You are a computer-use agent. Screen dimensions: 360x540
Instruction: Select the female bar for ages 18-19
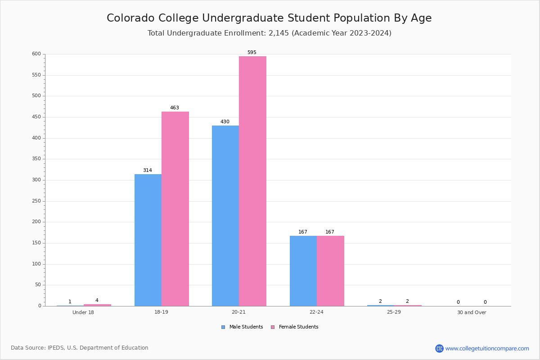pyautogui.click(x=175, y=209)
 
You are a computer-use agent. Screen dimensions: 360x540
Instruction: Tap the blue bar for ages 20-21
pyautogui.click(x=225, y=216)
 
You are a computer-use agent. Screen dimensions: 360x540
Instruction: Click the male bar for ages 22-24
pyautogui.click(x=303, y=271)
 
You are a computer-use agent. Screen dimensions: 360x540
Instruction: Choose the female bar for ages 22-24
pyautogui.click(x=330, y=271)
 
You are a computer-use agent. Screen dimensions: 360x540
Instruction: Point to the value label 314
pyautogui.click(x=148, y=171)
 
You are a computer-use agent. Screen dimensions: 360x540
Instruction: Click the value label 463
pyautogui.click(x=175, y=108)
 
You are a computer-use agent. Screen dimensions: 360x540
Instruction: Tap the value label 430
pyautogui.click(x=225, y=122)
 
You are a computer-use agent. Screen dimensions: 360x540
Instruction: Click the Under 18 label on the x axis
pyautogui.click(x=83, y=313)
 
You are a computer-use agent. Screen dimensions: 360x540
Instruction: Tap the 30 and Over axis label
pyautogui.click(x=472, y=313)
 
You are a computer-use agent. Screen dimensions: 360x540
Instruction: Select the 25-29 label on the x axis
pyautogui.click(x=394, y=313)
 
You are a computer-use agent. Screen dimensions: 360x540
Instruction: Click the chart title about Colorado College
pyautogui.click(x=269, y=18)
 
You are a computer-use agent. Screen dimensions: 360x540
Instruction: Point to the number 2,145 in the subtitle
pyautogui.click(x=279, y=33)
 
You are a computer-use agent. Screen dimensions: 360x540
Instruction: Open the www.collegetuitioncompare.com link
pyautogui.click(x=487, y=348)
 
